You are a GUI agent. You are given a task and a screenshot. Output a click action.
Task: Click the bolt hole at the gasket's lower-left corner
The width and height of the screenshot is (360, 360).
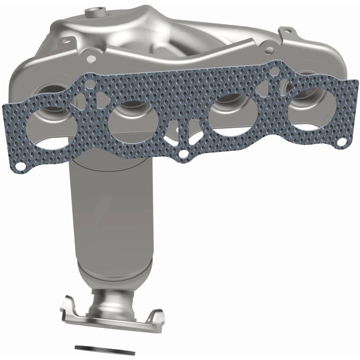point(21,167)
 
